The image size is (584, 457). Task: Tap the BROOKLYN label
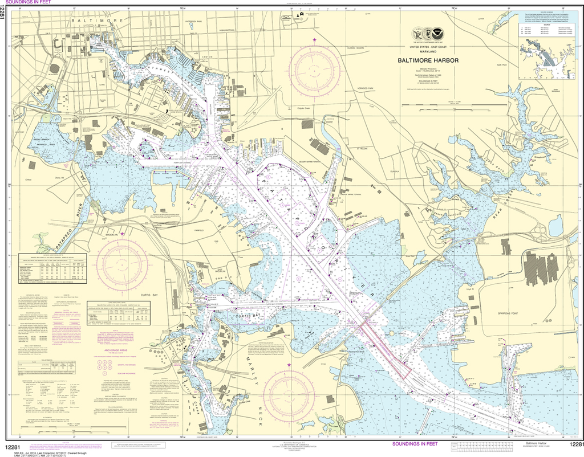pos(111,235)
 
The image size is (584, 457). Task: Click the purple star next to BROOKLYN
pos(121,234)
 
